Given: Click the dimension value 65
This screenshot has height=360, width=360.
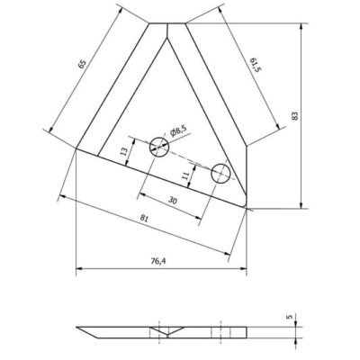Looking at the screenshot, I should pos(82,65).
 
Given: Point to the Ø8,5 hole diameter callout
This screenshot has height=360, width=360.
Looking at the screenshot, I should pos(175,131).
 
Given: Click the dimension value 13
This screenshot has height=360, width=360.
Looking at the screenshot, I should pos(124,154).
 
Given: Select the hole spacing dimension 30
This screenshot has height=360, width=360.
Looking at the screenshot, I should pos(172,200).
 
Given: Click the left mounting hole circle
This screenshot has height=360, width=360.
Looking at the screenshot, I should pos(158,144).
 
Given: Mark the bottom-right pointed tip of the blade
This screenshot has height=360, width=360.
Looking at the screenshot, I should pos(245,207).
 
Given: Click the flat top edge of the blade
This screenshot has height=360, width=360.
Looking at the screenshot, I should pos(167,22).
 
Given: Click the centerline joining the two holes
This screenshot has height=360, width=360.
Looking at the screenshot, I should pos(189,159).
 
